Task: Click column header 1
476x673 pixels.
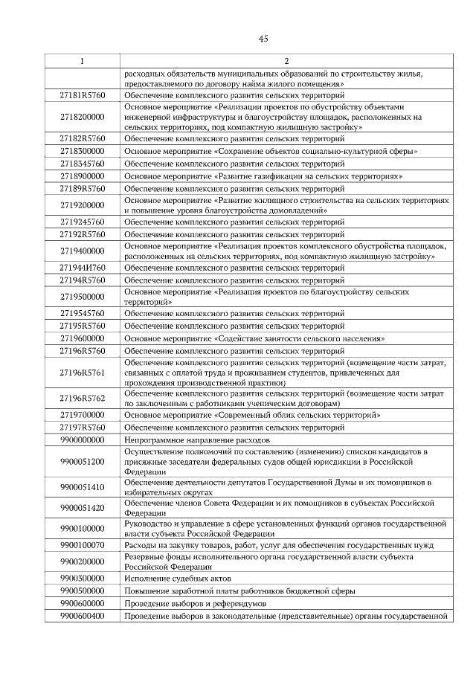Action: [x=82, y=60]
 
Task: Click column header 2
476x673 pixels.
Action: [x=286, y=60]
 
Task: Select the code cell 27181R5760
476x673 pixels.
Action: [x=82, y=96]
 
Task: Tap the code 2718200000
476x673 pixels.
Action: [x=82, y=117]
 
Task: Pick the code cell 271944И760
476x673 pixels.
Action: [x=82, y=267]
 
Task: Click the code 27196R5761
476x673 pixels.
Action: [x=82, y=372]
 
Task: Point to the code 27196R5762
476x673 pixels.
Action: [x=82, y=398]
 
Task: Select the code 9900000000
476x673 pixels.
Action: [x=82, y=440]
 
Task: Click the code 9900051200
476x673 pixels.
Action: [x=82, y=461]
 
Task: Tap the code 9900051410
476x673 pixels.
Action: [x=82, y=487]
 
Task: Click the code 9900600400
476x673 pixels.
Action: [x=82, y=615]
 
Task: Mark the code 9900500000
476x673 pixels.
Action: [x=82, y=590]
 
